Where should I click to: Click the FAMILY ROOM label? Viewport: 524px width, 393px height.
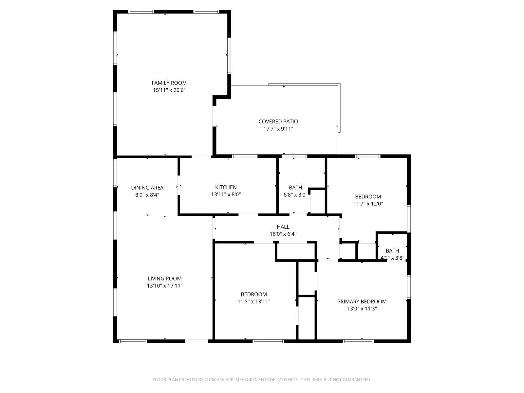(x=169, y=83)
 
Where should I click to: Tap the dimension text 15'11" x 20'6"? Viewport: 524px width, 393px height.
(x=169, y=90)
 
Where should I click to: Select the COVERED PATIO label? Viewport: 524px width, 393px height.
(x=278, y=122)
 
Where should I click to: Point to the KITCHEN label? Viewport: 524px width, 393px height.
(x=226, y=187)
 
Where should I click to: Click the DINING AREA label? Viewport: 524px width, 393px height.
(x=147, y=188)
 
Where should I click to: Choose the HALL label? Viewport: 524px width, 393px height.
(x=283, y=227)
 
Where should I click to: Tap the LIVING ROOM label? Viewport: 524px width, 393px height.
(x=164, y=279)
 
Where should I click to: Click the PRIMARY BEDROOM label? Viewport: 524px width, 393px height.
(x=362, y=301)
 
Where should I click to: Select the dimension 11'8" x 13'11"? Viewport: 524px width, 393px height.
(x=253, y=302)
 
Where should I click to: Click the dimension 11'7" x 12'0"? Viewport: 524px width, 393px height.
(x=368, y=204)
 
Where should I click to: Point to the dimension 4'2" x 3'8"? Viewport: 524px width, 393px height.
(x=392, y=258)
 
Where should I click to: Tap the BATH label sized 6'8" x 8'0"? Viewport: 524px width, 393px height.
(x=295, y=188)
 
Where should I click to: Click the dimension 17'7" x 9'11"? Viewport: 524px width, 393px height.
(x=278, y=129)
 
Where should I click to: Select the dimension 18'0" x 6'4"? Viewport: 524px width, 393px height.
(x=283, y=234)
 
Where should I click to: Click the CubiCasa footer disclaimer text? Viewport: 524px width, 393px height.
(x=262, y=380)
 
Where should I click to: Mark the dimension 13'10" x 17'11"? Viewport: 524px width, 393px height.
(x=164, y=286)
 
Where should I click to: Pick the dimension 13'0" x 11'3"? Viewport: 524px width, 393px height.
(x=362, y=309)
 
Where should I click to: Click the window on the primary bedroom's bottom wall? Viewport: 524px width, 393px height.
(x=358, y=341)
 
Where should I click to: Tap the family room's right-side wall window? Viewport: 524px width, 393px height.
(x=229, y=55)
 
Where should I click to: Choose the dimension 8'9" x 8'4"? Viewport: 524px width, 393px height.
(x=147, y=195)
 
